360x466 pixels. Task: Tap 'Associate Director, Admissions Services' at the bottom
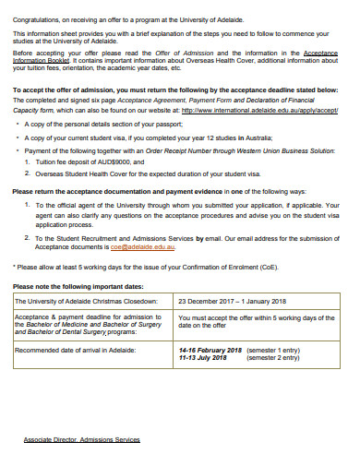point(81,440)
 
